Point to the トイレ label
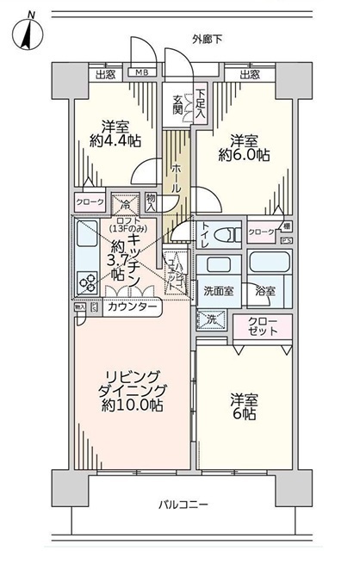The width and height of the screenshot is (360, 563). click(204, 229)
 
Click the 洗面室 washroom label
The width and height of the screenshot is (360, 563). click(218, 291)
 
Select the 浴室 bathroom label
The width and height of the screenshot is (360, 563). click(266, 291)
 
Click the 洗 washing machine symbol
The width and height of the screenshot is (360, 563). click(212, 319)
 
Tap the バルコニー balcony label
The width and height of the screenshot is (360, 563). click(186, 504)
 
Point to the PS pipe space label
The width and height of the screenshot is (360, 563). click(285, 240)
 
